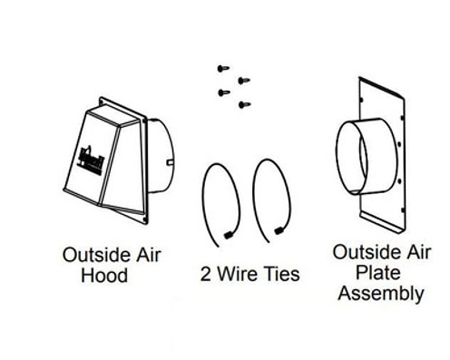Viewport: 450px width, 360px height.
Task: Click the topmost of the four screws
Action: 221,67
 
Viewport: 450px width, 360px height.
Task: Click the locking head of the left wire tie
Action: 225,237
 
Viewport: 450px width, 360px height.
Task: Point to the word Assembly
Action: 377,293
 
